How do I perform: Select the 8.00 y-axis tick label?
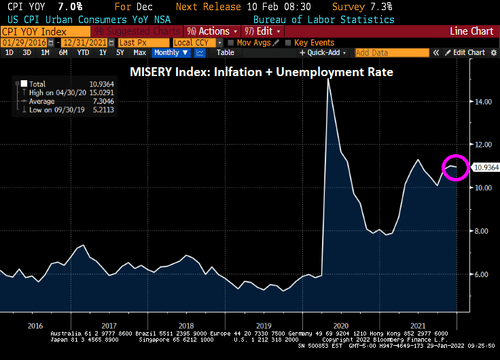pyautogui.click(x=484, y=231)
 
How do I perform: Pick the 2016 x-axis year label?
pyautogui.click(x=35, y=325)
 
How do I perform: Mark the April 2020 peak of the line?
pyautogui.click(x=329, y=80)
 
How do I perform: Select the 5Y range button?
pyautogui.click(x=120, y=52)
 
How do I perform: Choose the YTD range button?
pyautogui.click(x=83, y=52)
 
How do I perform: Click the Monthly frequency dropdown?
pyautogui.click(x=168, y=52)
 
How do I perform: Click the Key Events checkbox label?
pyautogui.click(x=315, y=42)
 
